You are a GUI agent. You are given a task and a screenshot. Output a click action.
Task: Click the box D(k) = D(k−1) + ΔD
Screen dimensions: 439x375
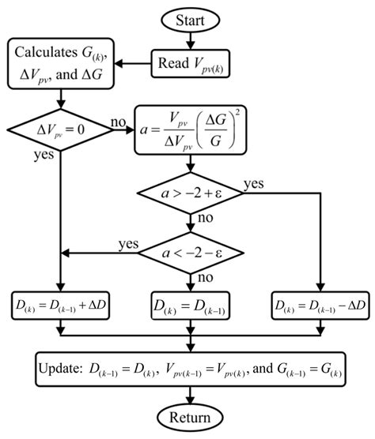click(x=61, y=304)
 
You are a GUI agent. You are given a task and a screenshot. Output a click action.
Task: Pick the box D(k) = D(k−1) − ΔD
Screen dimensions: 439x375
click(x=317, y=304)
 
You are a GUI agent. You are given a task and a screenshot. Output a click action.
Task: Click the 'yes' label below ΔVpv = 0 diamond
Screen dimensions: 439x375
click(x=43, y=156)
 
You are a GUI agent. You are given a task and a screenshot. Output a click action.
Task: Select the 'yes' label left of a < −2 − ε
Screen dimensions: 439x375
click(x=129, y=243)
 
